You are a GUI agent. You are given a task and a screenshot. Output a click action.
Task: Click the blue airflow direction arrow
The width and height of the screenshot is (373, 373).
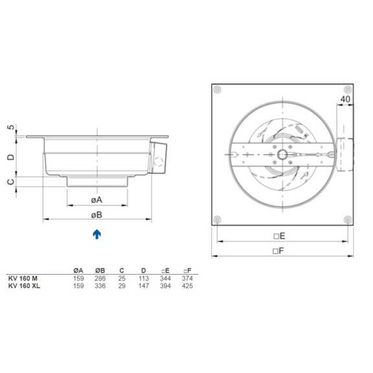[x=96, y=234]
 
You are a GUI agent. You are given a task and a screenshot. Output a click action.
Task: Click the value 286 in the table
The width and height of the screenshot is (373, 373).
[x=100, y=278]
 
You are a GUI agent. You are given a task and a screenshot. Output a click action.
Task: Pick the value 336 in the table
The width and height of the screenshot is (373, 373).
[x=100, y=285]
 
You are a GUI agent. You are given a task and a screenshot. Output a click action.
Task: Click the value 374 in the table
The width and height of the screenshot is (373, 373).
[x=187, y=278]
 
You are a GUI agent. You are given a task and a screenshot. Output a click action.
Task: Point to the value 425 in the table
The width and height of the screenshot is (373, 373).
[x=187, y=285]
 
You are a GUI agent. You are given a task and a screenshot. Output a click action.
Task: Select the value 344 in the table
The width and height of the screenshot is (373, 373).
[x=165, y=278]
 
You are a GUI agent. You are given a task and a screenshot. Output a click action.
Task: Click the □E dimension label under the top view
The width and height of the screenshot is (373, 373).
[x=280, y=236]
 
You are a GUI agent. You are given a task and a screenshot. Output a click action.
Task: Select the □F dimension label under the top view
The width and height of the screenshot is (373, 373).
[x=280, y=250]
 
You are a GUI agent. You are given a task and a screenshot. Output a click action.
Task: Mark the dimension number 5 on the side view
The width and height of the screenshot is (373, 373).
[x=11, y=128]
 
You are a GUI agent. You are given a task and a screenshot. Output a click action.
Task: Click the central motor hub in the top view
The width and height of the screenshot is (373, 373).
[x=284, y=155]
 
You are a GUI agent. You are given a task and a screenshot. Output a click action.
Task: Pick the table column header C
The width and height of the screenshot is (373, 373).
[x=122, y=270]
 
